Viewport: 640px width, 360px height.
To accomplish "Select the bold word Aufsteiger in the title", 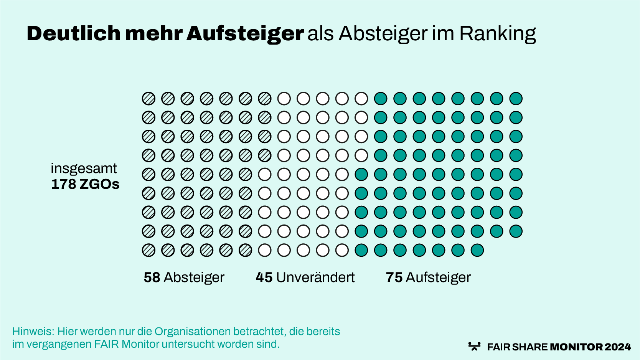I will [x=245, y=33].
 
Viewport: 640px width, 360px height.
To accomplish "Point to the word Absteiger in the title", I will [x=383, y=33].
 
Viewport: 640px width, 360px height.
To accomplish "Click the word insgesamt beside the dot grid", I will [x=84, y=168].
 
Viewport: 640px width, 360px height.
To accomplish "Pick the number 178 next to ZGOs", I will [x=64, y=184].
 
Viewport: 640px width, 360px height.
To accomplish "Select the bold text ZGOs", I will [x=99, y=184].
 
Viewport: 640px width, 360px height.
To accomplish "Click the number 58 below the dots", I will [x=152, y=277].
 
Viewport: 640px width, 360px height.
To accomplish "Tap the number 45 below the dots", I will [x=264, y=277].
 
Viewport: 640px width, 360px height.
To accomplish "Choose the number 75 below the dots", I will [x=394, y=277].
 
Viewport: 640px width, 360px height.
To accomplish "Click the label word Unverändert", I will [x=315, y=277].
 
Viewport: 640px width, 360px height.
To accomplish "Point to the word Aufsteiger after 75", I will [x=438, y=277].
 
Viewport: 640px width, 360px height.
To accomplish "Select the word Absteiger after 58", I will [x=194, y=277].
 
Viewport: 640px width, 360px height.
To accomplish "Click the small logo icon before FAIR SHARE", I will [x=475, y=346].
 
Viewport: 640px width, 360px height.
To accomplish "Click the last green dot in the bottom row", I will [x=477, y=250].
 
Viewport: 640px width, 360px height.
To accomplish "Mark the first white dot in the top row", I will [x=284, y=99].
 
